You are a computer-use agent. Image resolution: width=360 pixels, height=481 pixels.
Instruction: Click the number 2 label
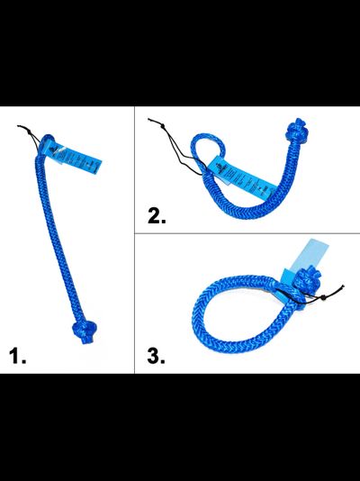tap(156, 216)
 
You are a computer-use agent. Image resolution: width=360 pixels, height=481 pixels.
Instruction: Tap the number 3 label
tap(155, 355)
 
